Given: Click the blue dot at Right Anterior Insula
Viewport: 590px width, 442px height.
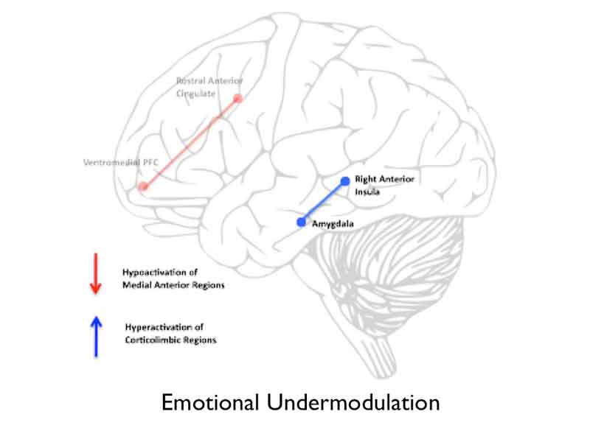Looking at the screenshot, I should tap(344, 180).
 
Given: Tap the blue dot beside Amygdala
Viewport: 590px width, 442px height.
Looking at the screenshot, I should tap(301, 222).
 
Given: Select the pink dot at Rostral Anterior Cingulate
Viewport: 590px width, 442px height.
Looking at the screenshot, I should tap(237, 98).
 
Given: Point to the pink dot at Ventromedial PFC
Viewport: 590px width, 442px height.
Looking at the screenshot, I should tap(143, 186).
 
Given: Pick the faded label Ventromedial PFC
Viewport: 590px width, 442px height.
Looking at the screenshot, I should tap(111, 161).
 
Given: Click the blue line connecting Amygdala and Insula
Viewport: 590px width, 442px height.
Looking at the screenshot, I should tap(323, 201).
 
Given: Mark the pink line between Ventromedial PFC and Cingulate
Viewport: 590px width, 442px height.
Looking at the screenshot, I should tap(190, 142).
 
